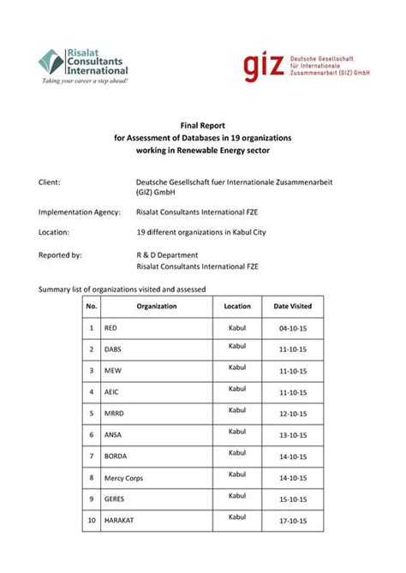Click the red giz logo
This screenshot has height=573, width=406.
263,65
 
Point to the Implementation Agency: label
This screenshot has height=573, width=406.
80,212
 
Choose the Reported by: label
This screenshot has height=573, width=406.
61,254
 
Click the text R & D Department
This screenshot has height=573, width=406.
167,254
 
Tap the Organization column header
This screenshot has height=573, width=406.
157,306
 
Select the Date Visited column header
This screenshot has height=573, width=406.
292,306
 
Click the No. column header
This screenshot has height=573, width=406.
92,306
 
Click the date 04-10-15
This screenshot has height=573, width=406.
292,328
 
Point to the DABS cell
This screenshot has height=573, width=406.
113,349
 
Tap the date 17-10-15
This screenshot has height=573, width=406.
292,520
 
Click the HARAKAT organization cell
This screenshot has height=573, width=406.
119,520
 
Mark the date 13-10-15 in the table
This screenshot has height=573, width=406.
292,435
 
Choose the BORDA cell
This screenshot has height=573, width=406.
116,457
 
